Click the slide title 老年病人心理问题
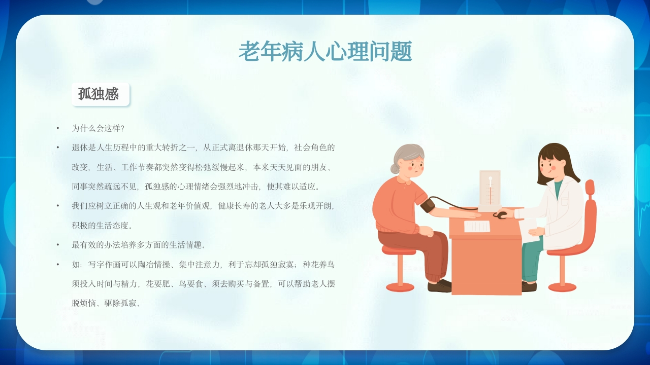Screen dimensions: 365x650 pos(325,51)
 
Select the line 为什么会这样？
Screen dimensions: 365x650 pos(98,128)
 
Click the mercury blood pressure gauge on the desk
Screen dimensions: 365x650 pos(490,190)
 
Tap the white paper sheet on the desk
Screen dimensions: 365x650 pos(477,226)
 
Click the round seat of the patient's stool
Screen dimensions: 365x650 pos(399,250)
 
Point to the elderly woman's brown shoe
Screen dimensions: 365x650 pos(439,286)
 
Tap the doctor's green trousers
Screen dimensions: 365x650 pos(530,259)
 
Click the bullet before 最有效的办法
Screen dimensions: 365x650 pos(58,245)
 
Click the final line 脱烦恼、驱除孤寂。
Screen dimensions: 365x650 pos(106,303)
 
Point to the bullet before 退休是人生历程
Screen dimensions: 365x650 pos(58,148)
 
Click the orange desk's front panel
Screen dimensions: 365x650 pos(486,264)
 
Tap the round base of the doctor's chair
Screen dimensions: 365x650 pos(562,287)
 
